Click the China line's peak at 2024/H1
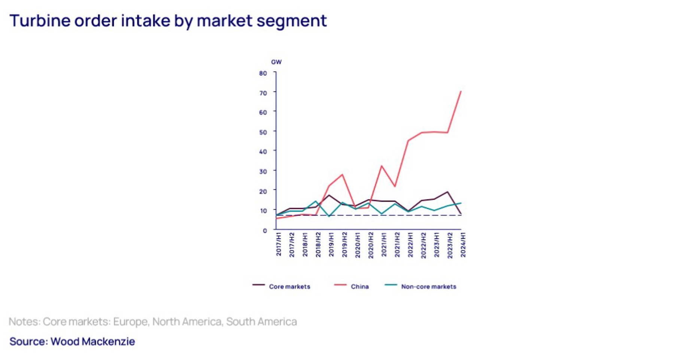[x=461, y=91]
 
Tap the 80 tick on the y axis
[x=263, y=73]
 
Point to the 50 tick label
[x=263, y=132]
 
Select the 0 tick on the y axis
[x=265, y=231]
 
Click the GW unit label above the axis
[x=276, y=62]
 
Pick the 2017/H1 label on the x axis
[x=279, y=244]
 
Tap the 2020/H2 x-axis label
[x=371, y=244]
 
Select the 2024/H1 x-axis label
[x=463, y=244]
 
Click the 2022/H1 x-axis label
[x=410, y=244]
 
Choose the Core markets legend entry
[x=289, y=287]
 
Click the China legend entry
[x=359, y=287]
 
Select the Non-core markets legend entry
[x=428, y=287]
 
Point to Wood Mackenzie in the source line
[x=92, y=341]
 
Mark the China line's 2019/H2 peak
[x=342, y=174]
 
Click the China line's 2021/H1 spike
[x=382, y=166]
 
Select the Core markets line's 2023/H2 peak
[x=447, y=192]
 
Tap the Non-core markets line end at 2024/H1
[x=461, y=203]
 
